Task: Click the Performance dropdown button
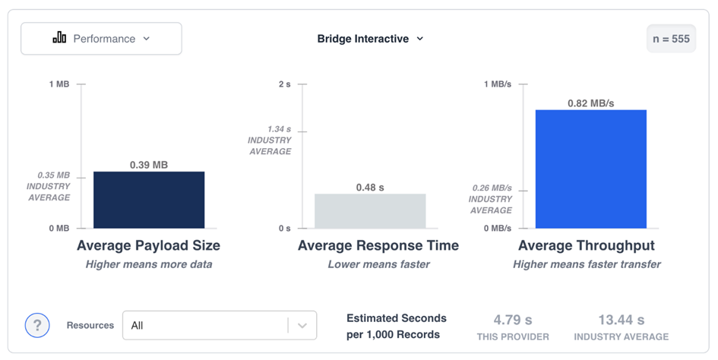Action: (101, 39)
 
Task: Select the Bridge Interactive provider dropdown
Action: (370, 39)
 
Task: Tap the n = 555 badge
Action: (671, 39)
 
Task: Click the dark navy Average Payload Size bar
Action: (149, 200)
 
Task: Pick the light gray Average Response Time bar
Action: (370, 210)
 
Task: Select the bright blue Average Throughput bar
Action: (590, 169)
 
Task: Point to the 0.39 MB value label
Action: (149, 165)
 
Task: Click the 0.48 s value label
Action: (370, 188)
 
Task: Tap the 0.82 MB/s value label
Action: (590, 103)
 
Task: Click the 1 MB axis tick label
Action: (59, 84)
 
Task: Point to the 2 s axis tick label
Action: (285, 84)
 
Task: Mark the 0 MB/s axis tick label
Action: (498, 228)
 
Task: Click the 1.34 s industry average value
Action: (280, 129)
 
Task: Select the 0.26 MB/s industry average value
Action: (492, 188)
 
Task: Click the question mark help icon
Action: (37, 325)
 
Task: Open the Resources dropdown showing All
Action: (220, 325)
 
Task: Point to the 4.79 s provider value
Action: (513, 320)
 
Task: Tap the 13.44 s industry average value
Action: (622, 320)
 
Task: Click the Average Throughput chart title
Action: (587, 245)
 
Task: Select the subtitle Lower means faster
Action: (378, 264)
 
